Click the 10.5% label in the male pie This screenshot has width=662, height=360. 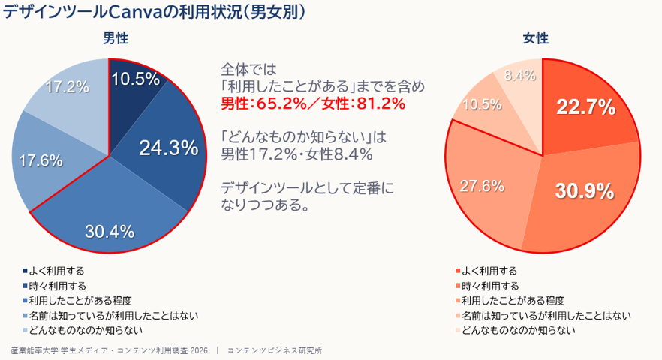pos(136,79)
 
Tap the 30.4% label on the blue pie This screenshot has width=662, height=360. pos(110,231)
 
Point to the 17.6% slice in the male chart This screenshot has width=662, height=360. pos(41,160)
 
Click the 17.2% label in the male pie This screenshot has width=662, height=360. pos(67,87)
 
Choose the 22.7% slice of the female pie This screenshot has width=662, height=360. pos(585,107)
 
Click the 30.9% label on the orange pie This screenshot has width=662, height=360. pos(585,191)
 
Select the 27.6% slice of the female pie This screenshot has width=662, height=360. pos(482,186)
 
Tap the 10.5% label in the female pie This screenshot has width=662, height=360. pos(482,104)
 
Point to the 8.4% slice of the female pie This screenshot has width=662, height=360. pos(520,75)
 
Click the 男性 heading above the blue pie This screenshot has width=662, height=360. pos(116,38)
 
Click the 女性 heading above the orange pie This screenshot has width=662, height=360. pos(536,38)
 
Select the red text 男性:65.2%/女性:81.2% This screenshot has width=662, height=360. pos(313,103)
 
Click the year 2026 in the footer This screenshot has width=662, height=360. pos(199,351)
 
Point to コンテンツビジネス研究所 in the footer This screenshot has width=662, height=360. pos(275,351)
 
